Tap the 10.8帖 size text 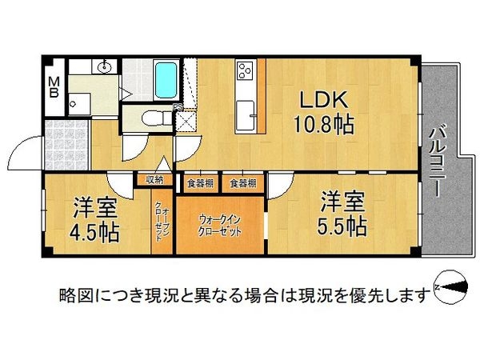324,126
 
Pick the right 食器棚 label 242,183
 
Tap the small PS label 177,106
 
